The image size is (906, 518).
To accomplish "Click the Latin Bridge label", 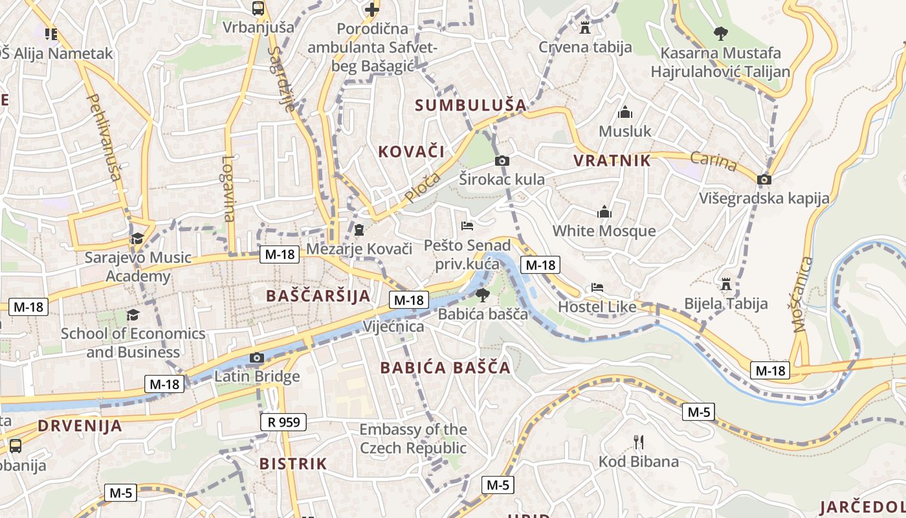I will (x=257, y=376).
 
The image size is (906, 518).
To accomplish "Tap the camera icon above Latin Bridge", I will (x=257, y=357).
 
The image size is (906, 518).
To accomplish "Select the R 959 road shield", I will (x=283, y=422).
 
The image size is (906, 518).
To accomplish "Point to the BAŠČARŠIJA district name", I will (x=318, y=296).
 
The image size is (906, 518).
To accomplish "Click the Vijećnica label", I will (x=393, y=326).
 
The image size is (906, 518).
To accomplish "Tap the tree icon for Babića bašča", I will (x=482, y=296).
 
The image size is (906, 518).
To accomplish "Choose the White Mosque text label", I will (x=603, y=231).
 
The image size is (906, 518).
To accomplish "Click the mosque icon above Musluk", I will (x=624, y=113).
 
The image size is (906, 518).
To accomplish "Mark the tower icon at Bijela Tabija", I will (x=726, y=284).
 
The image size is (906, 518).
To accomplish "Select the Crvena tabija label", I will (x=585, y=47).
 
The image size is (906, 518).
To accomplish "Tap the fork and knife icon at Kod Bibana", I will (x=639, y=442).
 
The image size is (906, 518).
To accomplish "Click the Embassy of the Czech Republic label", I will (x=413, y=438).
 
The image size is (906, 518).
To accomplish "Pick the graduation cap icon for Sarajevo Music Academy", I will (x=137, y=239).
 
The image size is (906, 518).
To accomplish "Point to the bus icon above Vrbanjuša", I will (x=258, y=8).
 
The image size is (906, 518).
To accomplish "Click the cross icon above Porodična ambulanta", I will (x=372, y=9).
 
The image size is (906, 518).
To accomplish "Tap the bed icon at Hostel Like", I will (x=597, y=287).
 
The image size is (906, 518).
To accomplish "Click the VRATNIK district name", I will (x=612, y=161).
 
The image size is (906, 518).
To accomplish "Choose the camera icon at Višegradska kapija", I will (x=764, y=179).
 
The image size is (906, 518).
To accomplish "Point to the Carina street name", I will (x=713, y=162).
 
